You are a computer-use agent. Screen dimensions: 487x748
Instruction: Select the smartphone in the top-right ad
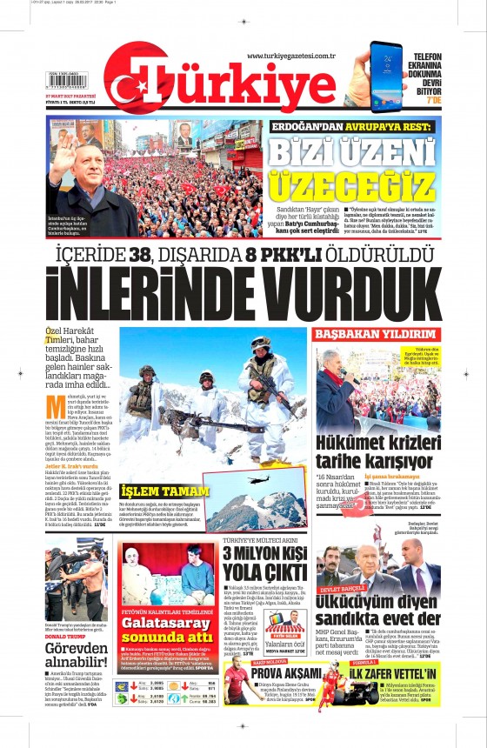click(x=385, y=75)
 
